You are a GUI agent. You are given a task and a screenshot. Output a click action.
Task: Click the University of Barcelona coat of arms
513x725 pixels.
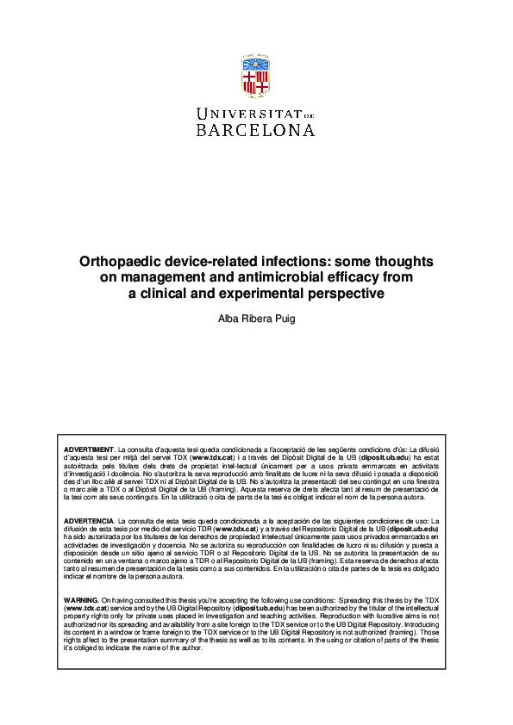pos(256,77)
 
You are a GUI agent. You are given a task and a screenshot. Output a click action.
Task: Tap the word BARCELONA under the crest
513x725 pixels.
pos(256,130)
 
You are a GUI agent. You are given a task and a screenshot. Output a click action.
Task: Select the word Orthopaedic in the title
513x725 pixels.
pos(117,261)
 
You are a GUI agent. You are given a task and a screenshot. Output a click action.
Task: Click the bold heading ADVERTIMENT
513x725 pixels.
pos(90,450)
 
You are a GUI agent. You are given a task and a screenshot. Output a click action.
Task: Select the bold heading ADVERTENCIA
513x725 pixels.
pos(90,522)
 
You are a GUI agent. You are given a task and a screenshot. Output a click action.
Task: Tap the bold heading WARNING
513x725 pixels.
pos(82,598)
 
